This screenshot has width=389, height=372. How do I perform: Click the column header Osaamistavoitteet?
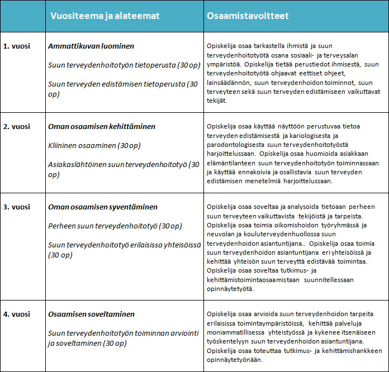248,16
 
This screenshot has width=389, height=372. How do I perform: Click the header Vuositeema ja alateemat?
105,16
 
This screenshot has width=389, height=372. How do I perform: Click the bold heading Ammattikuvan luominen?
91,46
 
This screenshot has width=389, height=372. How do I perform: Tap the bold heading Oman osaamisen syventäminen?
103,207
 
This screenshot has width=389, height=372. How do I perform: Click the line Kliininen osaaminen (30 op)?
94,146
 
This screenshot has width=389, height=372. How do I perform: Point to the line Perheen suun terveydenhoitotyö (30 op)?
115,226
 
